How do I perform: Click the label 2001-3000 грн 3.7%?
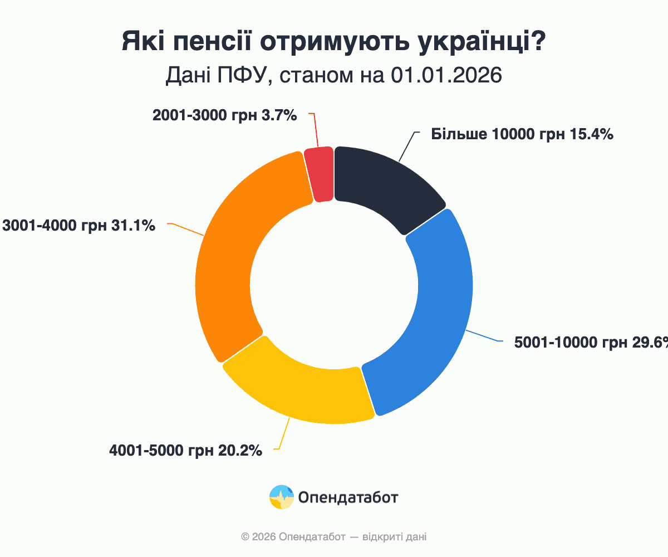(x=224, y=115)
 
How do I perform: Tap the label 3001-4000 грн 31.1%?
(x=78, y=226)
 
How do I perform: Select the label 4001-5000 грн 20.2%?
(x=185, y=450)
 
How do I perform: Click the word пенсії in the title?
(x=218, y=43)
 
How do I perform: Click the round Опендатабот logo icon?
(x=282, y=497)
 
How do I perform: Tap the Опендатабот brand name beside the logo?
(x=348, y=497)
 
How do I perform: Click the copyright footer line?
(x=334, y=537)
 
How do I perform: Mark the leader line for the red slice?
(x=315, y=130)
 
